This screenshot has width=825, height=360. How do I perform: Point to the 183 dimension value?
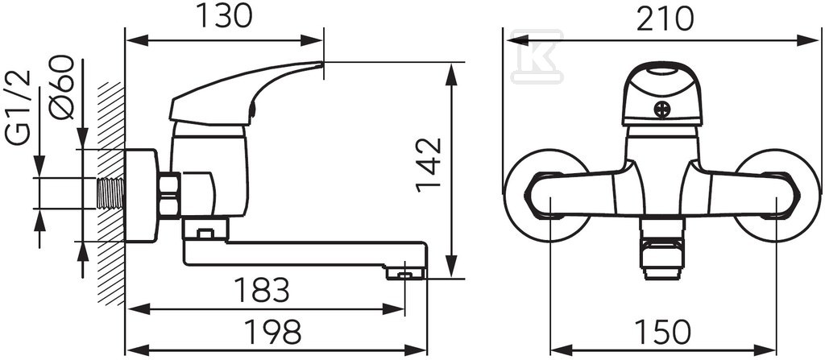262,289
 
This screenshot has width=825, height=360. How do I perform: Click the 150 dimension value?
662,332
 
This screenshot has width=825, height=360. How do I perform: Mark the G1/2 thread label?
18,108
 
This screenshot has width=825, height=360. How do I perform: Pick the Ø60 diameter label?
61,87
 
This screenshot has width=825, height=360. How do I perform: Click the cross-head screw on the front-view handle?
662,110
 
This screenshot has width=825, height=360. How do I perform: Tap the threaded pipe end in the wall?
111,193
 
